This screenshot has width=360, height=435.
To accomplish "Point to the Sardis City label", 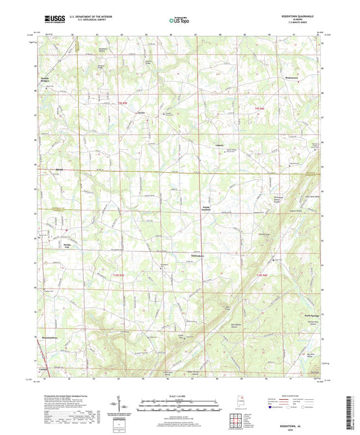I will [67, 245].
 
